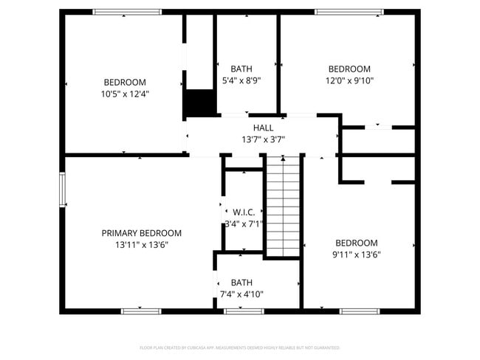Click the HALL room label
[x=263, y=128]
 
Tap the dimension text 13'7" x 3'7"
[x=263, y=139]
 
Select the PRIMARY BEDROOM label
[x=141, y=233]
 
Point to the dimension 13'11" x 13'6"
[x=141, y=244]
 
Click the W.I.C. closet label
[x=244, y=212]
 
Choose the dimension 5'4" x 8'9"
[x=241, y=80]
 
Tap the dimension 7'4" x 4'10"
[x=241, y=294]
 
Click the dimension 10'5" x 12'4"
[x=125, y=94]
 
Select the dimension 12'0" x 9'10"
[x=349, y=80]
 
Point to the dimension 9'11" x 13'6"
[x=357, y=255]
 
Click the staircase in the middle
[x=284, y=207]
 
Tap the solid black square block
[x=198, y=103]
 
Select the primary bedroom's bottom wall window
[x=141, y=311]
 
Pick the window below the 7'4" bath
[x=244, y=311]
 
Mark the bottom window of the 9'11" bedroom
[x=360, y=311]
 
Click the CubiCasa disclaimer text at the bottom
[x=240, y=347]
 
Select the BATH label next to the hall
[x=241, y=69]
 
